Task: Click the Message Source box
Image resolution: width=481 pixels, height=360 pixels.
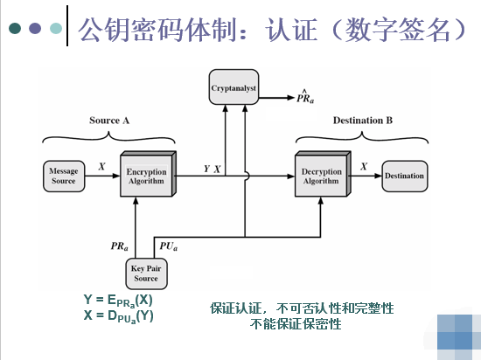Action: pyautogui.click(x=63, y=176)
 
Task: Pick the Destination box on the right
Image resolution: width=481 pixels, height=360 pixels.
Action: pyautogui.click(x=405, y=177)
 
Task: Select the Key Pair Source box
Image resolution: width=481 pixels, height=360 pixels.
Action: pyautogui.click(x=146, y=273)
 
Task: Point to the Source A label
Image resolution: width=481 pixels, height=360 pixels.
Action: pyautogui.click(x=109, y=120)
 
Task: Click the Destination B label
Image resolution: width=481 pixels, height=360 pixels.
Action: pyautogui.click(x=362, y=120)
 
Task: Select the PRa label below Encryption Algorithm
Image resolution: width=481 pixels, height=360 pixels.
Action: pyautogui.click(x=120, y=249)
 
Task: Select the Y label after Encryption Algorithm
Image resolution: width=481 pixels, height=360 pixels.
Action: pyautogui.click(x=206, y=167)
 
